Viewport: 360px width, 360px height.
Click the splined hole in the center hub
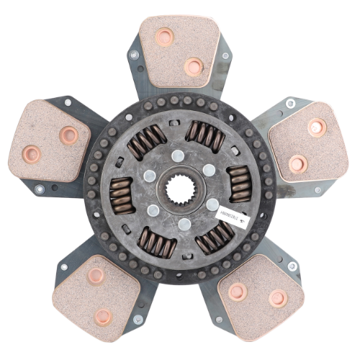tap(180, 191)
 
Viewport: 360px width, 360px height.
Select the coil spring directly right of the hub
tap(240, 184)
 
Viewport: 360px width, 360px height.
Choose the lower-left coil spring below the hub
tap(155, 243)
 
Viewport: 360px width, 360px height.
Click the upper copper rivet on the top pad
tap(165, 37)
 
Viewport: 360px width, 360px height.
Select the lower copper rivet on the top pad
tap(193, 67)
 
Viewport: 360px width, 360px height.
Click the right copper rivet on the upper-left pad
tap(69, 135)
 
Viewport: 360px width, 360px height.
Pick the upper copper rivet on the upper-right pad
tap(317, 127)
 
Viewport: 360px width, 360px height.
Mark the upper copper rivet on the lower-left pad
tap(96, 276)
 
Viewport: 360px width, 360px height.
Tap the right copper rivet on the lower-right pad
tap(278, 297)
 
